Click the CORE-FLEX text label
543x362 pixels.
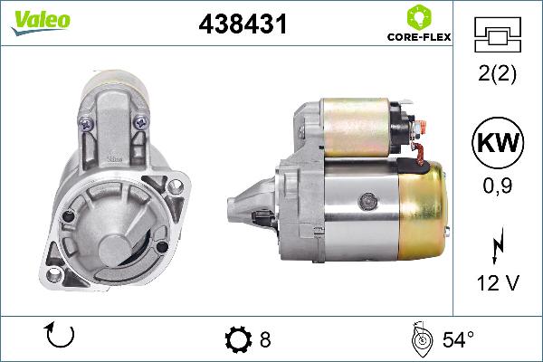418,39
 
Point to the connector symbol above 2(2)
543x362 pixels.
499,36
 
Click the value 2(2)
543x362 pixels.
499,76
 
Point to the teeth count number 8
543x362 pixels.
264,340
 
